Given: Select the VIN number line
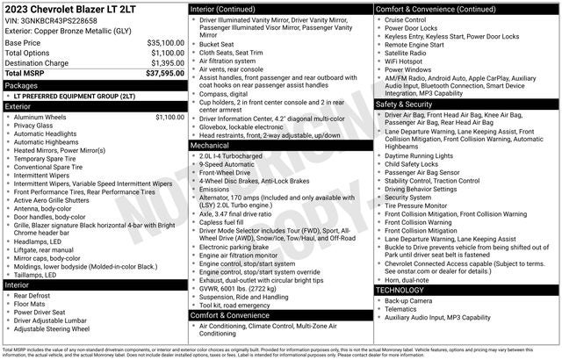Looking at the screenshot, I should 53,21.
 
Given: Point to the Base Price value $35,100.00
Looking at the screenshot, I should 165,42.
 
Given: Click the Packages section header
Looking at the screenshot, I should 21,85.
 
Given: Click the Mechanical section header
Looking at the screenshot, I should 210,145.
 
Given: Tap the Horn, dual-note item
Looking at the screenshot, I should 408,279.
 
